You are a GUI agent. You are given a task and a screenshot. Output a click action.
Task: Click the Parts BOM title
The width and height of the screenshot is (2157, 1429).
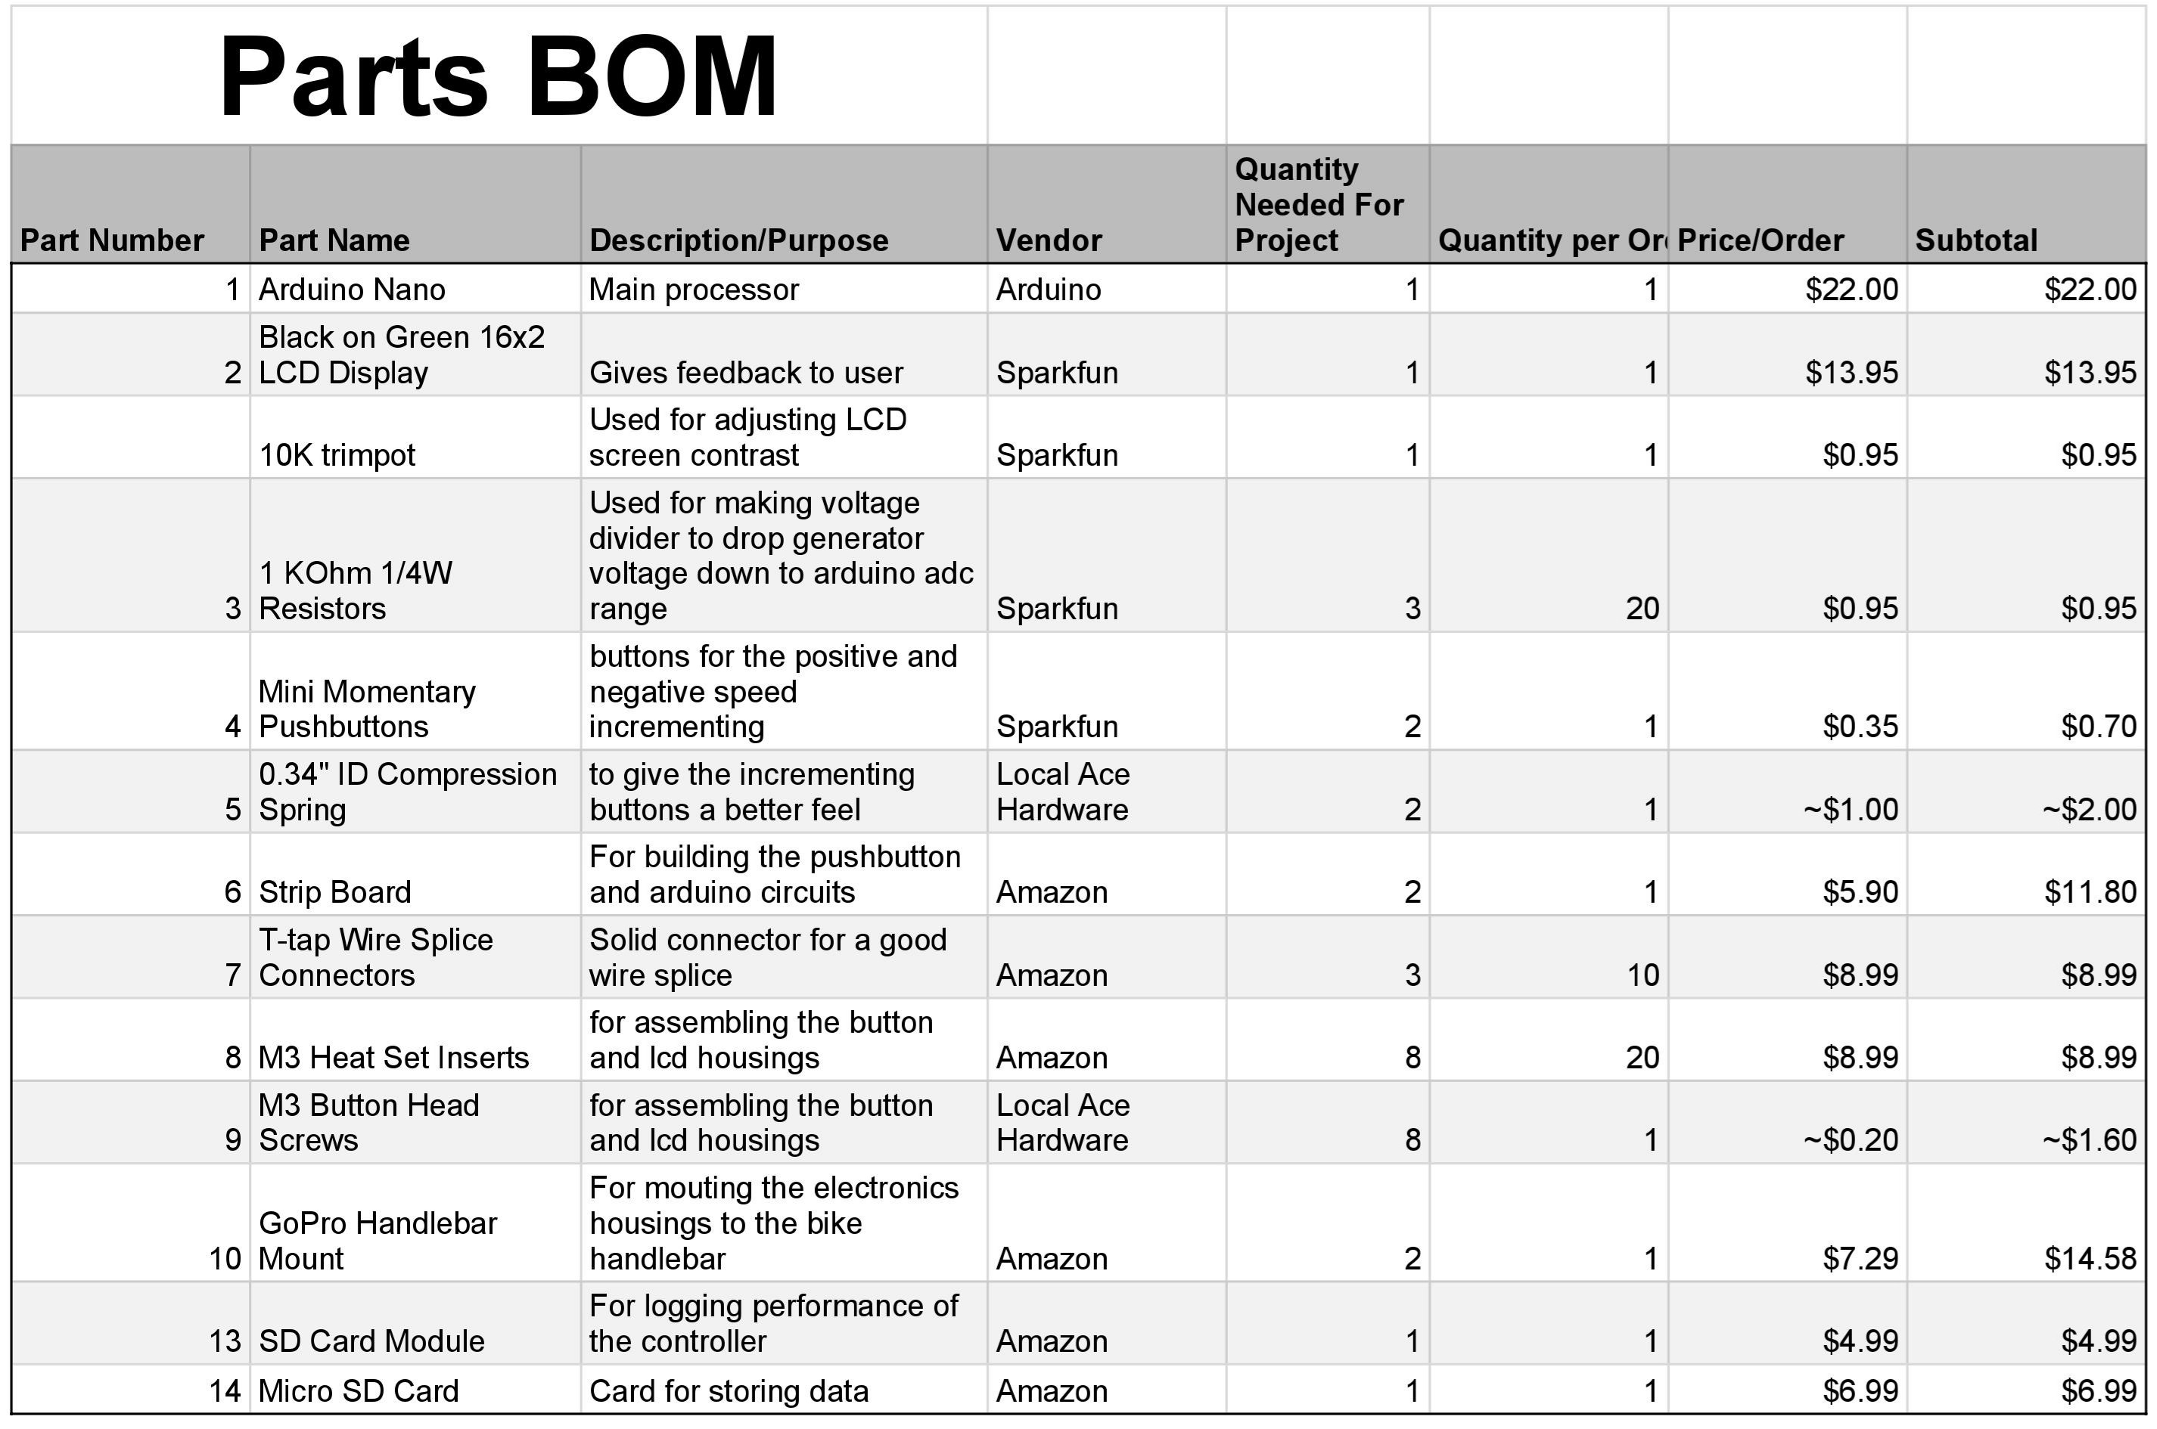tap(498, 76)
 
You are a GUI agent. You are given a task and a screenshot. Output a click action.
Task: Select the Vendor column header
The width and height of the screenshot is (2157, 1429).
tap(1049, 240)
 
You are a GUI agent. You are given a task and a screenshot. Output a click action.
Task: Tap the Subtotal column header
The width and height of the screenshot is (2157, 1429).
tap(1975, 240)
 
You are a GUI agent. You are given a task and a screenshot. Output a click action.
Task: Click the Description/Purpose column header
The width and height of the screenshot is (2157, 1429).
tap(738, 240)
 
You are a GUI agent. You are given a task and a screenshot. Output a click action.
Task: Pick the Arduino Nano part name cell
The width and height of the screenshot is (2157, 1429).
tap(352, 290)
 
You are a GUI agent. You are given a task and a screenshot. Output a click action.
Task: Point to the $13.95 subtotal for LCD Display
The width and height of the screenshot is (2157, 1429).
tap(2090, 373)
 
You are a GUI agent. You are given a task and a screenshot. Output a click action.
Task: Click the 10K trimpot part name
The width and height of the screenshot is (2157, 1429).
tap(337, 454)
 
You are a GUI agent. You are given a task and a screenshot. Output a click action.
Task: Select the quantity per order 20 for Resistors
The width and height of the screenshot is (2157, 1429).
tap(1642, 609)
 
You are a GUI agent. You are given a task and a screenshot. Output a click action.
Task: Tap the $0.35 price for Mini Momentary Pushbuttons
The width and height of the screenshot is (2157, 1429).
tap(1860, 727)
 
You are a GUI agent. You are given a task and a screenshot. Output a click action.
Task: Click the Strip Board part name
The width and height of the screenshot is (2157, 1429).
tap(334, 892)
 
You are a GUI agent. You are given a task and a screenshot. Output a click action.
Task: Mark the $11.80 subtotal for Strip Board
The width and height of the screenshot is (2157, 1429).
tap(2090, 892)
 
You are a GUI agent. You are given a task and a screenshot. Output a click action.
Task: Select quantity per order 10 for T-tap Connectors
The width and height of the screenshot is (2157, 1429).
tap(1643, 975)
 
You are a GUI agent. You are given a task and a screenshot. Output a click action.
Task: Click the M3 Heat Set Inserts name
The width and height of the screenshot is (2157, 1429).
tap(394, 1058)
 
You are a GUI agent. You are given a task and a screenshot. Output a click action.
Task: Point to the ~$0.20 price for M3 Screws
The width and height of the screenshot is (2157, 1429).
tap(1851, 1140)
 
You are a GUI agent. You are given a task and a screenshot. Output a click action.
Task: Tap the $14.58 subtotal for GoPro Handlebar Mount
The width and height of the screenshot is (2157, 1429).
tap(2090, 1259)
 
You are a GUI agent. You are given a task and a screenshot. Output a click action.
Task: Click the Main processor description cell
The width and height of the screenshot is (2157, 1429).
tap(694, 290)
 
